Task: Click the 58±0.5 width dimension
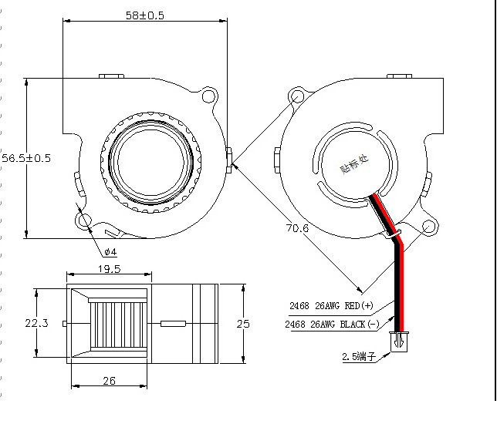(144, 15)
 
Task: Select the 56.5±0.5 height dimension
(25, 158)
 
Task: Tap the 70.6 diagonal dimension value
(298, 228)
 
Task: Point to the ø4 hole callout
(110, 252)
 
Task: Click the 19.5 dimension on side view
(108, 269)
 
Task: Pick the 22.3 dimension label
(35, 323)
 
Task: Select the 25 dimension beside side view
(242, 324)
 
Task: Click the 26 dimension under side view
(109, 380)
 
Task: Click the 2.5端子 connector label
(359, 357)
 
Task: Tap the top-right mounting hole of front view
(206, 97)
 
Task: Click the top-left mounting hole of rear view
(297, 97)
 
